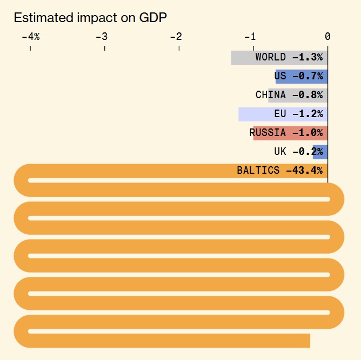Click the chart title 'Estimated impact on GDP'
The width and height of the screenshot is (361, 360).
tap(90, 17)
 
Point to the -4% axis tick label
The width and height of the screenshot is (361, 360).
tap(30, 37)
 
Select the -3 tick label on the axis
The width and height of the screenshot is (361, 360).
tap(104, 37)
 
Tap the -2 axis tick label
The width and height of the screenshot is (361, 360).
tap(178, 37)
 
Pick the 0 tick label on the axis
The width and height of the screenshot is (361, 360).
tap(327, 37)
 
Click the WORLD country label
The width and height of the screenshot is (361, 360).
tap(271, 57)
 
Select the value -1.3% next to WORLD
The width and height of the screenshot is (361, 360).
tap(307, 57)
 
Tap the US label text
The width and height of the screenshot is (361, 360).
tap(280, 76)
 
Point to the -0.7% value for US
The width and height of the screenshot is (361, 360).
tap(307, 76)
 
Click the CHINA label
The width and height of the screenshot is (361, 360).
tap(271, 95)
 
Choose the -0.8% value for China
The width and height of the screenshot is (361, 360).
tap(307, 95)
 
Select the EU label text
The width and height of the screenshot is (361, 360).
tap(280, 114)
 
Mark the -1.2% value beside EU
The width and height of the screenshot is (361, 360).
tap(307, 114)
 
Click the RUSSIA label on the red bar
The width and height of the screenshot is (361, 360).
tap(268, 133)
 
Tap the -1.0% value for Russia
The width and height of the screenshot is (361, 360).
tap(307, 133)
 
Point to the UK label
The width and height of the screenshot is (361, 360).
tap(280, 152)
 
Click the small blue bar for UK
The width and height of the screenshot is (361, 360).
tap(320, 152)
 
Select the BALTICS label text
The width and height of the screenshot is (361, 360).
tap(258, 171)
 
